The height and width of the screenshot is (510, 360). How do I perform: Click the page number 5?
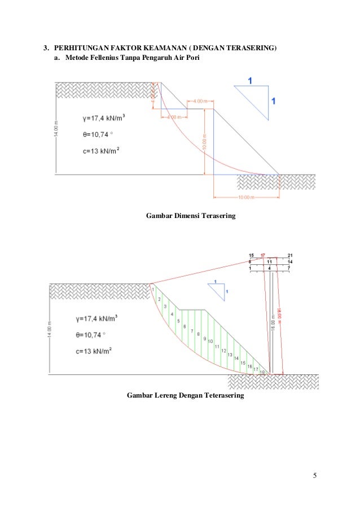pos(315,475)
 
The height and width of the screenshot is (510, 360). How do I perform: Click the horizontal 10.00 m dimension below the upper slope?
pos(246,197)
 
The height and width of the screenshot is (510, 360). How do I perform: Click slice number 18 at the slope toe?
pos(262,372)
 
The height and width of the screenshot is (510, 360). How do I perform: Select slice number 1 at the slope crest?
pos(152,290)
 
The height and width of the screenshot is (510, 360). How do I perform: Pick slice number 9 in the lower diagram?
pos(204,338)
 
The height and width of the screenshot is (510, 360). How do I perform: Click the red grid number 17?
pos(263,256)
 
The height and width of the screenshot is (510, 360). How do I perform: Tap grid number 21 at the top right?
pos(289,256)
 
